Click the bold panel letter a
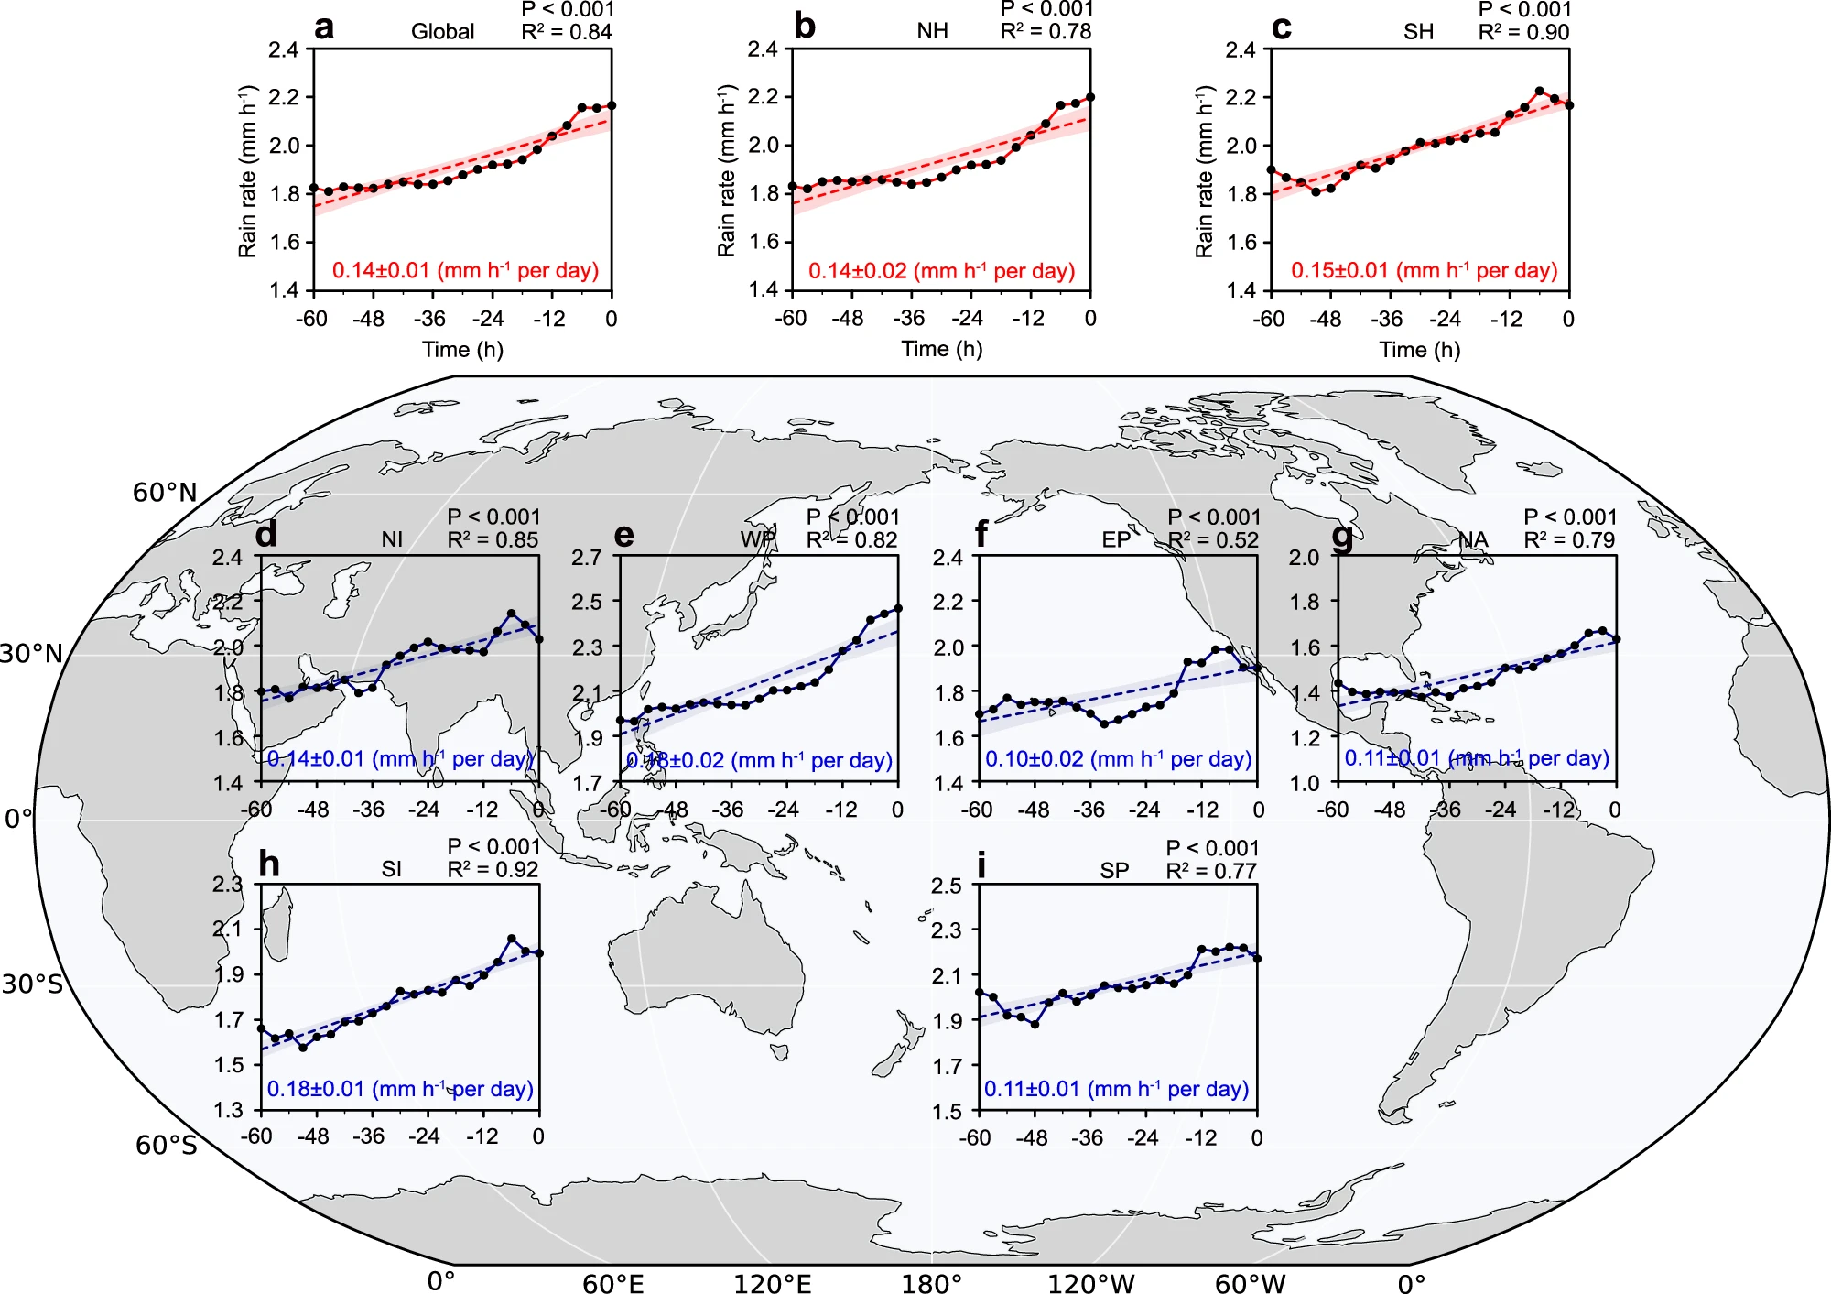point(324,27)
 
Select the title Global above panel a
point(442,32)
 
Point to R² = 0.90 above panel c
point(1523,33)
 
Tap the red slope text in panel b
point(941,271)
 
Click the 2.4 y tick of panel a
point(284,49)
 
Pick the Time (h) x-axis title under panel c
point(1419,350)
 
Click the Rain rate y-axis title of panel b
point(727,171)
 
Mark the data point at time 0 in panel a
point(612,105)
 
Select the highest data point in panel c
point(1539,92)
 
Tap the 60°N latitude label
point(165,493)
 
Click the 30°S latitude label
point(33,984)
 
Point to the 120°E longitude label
point(772,1283)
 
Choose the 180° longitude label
point(931,1283)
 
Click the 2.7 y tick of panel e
point(586,558)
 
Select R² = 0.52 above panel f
point(1213,540)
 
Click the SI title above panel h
point(391,869)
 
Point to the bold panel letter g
point(1342,536)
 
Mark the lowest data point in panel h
point(303,1047)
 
